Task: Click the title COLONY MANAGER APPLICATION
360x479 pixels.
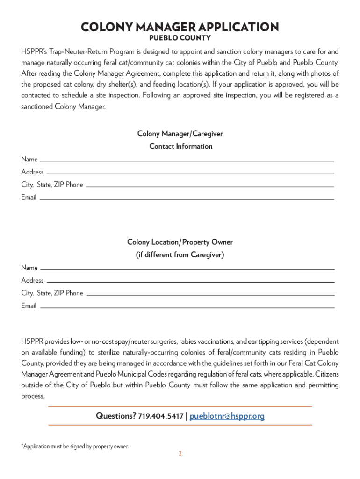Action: pos(180,27)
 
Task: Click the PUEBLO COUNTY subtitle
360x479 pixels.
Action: pos(180,38)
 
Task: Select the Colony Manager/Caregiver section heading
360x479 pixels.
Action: pos(180,134)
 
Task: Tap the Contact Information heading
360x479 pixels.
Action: pos(180,146)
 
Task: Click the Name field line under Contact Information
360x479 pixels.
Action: pos(187,160)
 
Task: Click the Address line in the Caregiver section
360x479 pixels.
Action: pos(191,173)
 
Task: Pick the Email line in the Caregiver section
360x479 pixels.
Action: pos(187,199)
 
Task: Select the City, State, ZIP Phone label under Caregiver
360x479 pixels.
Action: pos(52,185)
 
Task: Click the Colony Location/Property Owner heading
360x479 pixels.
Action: pos(180,242)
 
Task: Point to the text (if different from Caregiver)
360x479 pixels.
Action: pos(180,255)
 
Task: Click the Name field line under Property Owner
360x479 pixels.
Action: pos(187,269)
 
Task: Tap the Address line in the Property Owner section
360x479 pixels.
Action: pos(191,282)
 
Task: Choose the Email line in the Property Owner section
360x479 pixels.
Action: pos(187,307)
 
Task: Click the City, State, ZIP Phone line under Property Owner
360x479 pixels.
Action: pos(210,295)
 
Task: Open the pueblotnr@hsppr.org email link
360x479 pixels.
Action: pos(227,416)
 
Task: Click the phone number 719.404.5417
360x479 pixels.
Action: pos(161,416)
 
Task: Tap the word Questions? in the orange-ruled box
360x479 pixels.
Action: pos(115,416)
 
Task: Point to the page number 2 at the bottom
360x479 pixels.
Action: pos(180,454)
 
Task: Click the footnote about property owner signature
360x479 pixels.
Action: pos(75,446)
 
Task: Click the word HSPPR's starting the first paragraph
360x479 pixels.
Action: pos(33,51)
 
